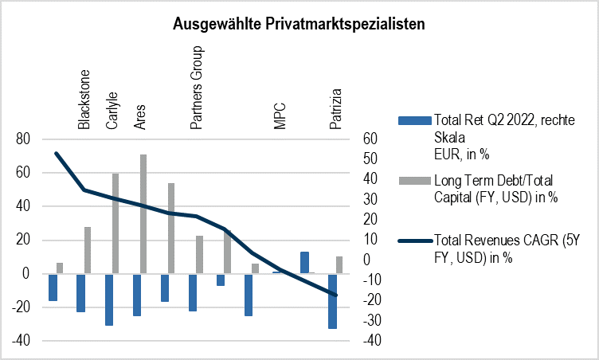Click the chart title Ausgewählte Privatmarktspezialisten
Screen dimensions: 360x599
[299, 25]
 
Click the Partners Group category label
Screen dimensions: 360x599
[196, 86]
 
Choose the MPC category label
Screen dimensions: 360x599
[280, 115]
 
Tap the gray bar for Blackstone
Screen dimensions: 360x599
[88, 250]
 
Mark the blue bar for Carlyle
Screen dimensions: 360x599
[108, 299]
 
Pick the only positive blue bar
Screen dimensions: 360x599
[304, 262]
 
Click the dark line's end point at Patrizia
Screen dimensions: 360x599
[335, 295]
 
